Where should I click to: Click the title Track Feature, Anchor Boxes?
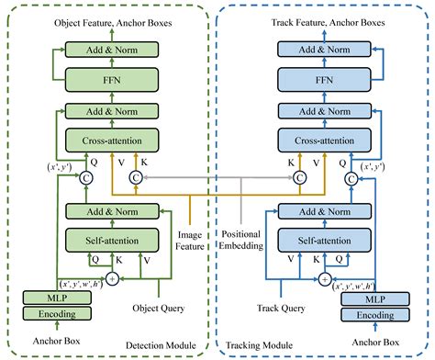tap(327, 19)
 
